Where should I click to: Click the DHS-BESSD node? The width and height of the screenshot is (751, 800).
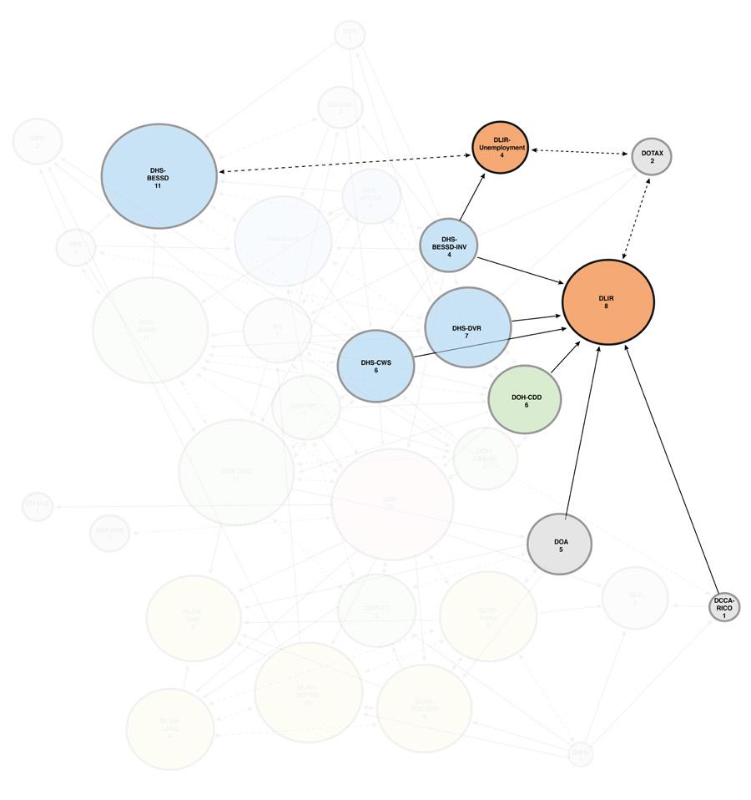[159, 176]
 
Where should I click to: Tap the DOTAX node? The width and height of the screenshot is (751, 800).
[652, 156]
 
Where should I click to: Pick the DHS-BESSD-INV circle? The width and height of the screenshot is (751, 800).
[448, 246]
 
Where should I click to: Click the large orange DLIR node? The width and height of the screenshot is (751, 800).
[607, 302]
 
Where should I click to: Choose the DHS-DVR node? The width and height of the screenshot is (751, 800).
[467, 327]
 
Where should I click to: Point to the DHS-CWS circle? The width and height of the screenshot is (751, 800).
[376, 366]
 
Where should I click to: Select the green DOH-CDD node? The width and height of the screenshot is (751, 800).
[525, 400]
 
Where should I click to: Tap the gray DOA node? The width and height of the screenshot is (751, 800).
[560, 544]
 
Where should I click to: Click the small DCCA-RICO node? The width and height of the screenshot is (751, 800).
[724, 607]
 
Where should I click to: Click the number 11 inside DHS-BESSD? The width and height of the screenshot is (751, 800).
[158, 186]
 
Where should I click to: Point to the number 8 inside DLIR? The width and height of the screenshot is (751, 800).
[607, 307]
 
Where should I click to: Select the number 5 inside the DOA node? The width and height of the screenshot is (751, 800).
[561, 549]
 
